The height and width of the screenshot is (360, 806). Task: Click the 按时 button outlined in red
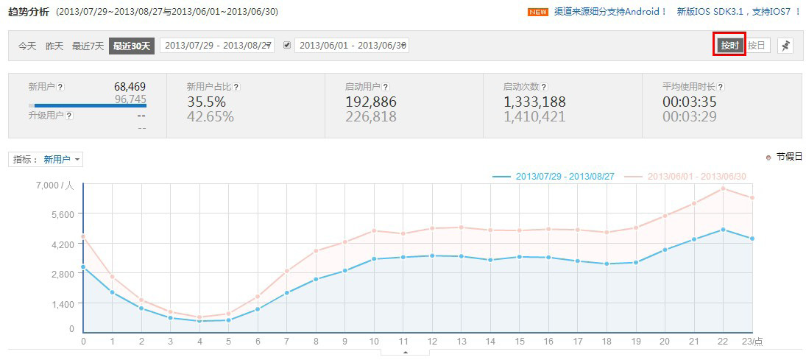(729, 45)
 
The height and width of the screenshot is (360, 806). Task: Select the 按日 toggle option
(757, 46)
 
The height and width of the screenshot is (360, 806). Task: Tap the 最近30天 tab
(131, 46)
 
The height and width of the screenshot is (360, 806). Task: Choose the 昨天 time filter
(54, 46)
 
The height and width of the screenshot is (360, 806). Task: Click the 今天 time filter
(27, 46)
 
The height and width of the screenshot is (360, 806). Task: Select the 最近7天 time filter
(88, 46)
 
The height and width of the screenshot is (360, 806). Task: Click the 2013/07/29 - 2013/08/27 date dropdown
(217, 46)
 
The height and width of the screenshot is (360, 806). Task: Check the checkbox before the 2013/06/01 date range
(287, 45)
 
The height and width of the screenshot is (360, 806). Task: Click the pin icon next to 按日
(786, 46)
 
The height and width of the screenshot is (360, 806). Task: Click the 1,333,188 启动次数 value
(534, 102)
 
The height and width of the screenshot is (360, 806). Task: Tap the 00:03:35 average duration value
(690, 102)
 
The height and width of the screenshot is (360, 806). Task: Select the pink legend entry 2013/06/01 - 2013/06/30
(686, 177)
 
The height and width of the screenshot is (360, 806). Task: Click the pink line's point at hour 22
(723, 188)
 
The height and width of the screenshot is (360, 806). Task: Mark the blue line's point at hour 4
(199, 321)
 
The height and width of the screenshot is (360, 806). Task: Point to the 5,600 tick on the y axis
(62, 214)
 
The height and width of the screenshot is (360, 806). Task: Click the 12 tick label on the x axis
(432, 342)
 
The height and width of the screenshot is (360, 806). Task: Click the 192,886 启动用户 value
(370, 102)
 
